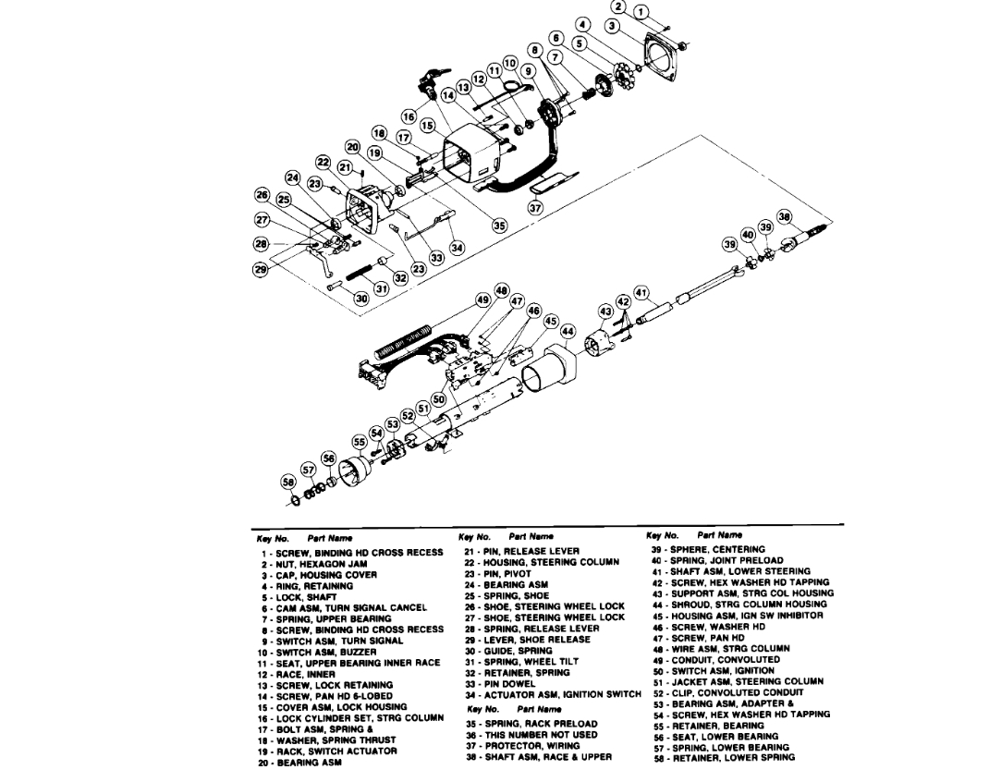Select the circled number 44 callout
tap(568, 331)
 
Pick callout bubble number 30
tap(360, 299)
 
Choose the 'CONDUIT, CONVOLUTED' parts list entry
tap(731, 660)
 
